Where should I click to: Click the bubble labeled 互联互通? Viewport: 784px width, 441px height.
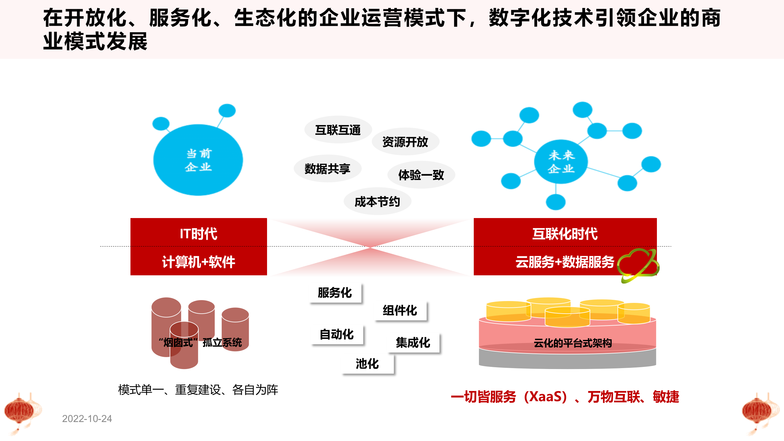[x=338, y=130]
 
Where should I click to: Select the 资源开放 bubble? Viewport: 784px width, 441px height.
[x=405, y=142]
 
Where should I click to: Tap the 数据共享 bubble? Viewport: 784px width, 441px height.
[x=327, y=169]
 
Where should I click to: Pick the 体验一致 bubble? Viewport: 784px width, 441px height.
[x=421, y=175]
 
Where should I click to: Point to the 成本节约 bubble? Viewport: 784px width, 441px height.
[x=377, y=202]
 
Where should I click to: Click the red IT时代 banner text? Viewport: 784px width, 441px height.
[x=198, y=234]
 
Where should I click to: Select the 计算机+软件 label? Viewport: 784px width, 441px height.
[x=198, y=262]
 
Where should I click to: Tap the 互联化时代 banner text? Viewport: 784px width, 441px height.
[x=565, y=234]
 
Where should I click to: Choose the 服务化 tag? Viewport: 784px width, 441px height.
[x=335, y=293]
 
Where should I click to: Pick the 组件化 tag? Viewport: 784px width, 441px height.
[x=400, y=311]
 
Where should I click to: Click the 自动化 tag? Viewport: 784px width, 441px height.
[x=337, y=334]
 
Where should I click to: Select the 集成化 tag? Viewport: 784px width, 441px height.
[x=413, y=342]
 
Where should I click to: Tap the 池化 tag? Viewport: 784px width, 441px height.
[x=367, y=364]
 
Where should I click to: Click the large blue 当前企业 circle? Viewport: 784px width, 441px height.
[x=198, y=160]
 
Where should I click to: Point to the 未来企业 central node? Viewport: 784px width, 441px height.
[x=561, y=162]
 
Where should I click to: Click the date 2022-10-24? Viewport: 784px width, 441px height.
[x=87, y=419]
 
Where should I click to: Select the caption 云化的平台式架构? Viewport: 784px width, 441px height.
[x=573, y=343]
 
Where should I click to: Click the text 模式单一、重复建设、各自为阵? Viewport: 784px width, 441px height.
[x=198, y=390]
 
